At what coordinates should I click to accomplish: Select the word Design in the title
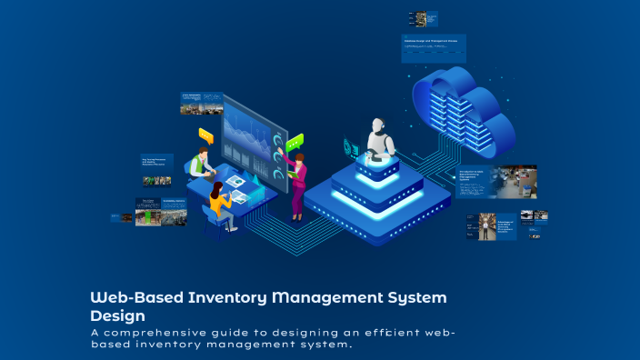coord(117,315)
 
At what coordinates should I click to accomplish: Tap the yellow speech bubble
coord(205,136)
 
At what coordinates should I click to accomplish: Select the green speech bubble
coord(294,142)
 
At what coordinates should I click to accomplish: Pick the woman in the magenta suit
coord(296,182)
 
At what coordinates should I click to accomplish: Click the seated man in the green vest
coord(201,164)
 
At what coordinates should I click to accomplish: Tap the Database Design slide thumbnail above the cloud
coord(434,48)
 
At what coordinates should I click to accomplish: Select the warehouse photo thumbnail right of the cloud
coord(513,181)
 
